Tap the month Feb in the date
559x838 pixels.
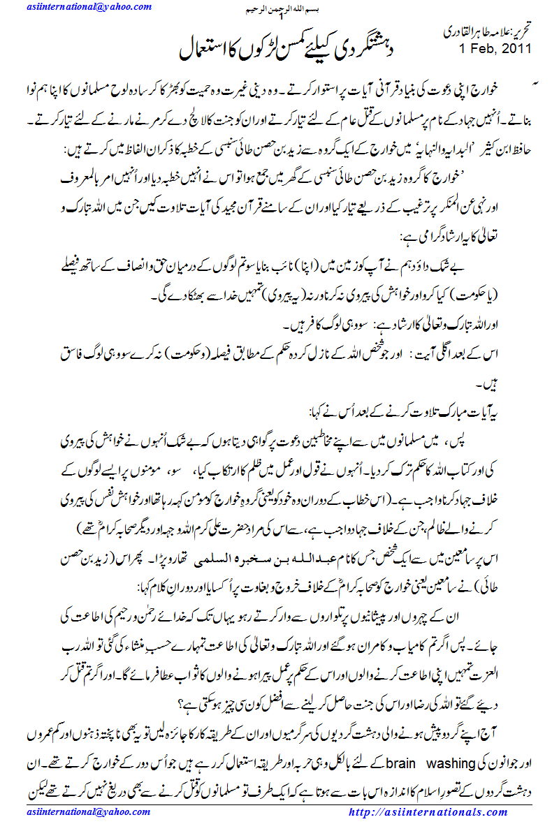point(482,49)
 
